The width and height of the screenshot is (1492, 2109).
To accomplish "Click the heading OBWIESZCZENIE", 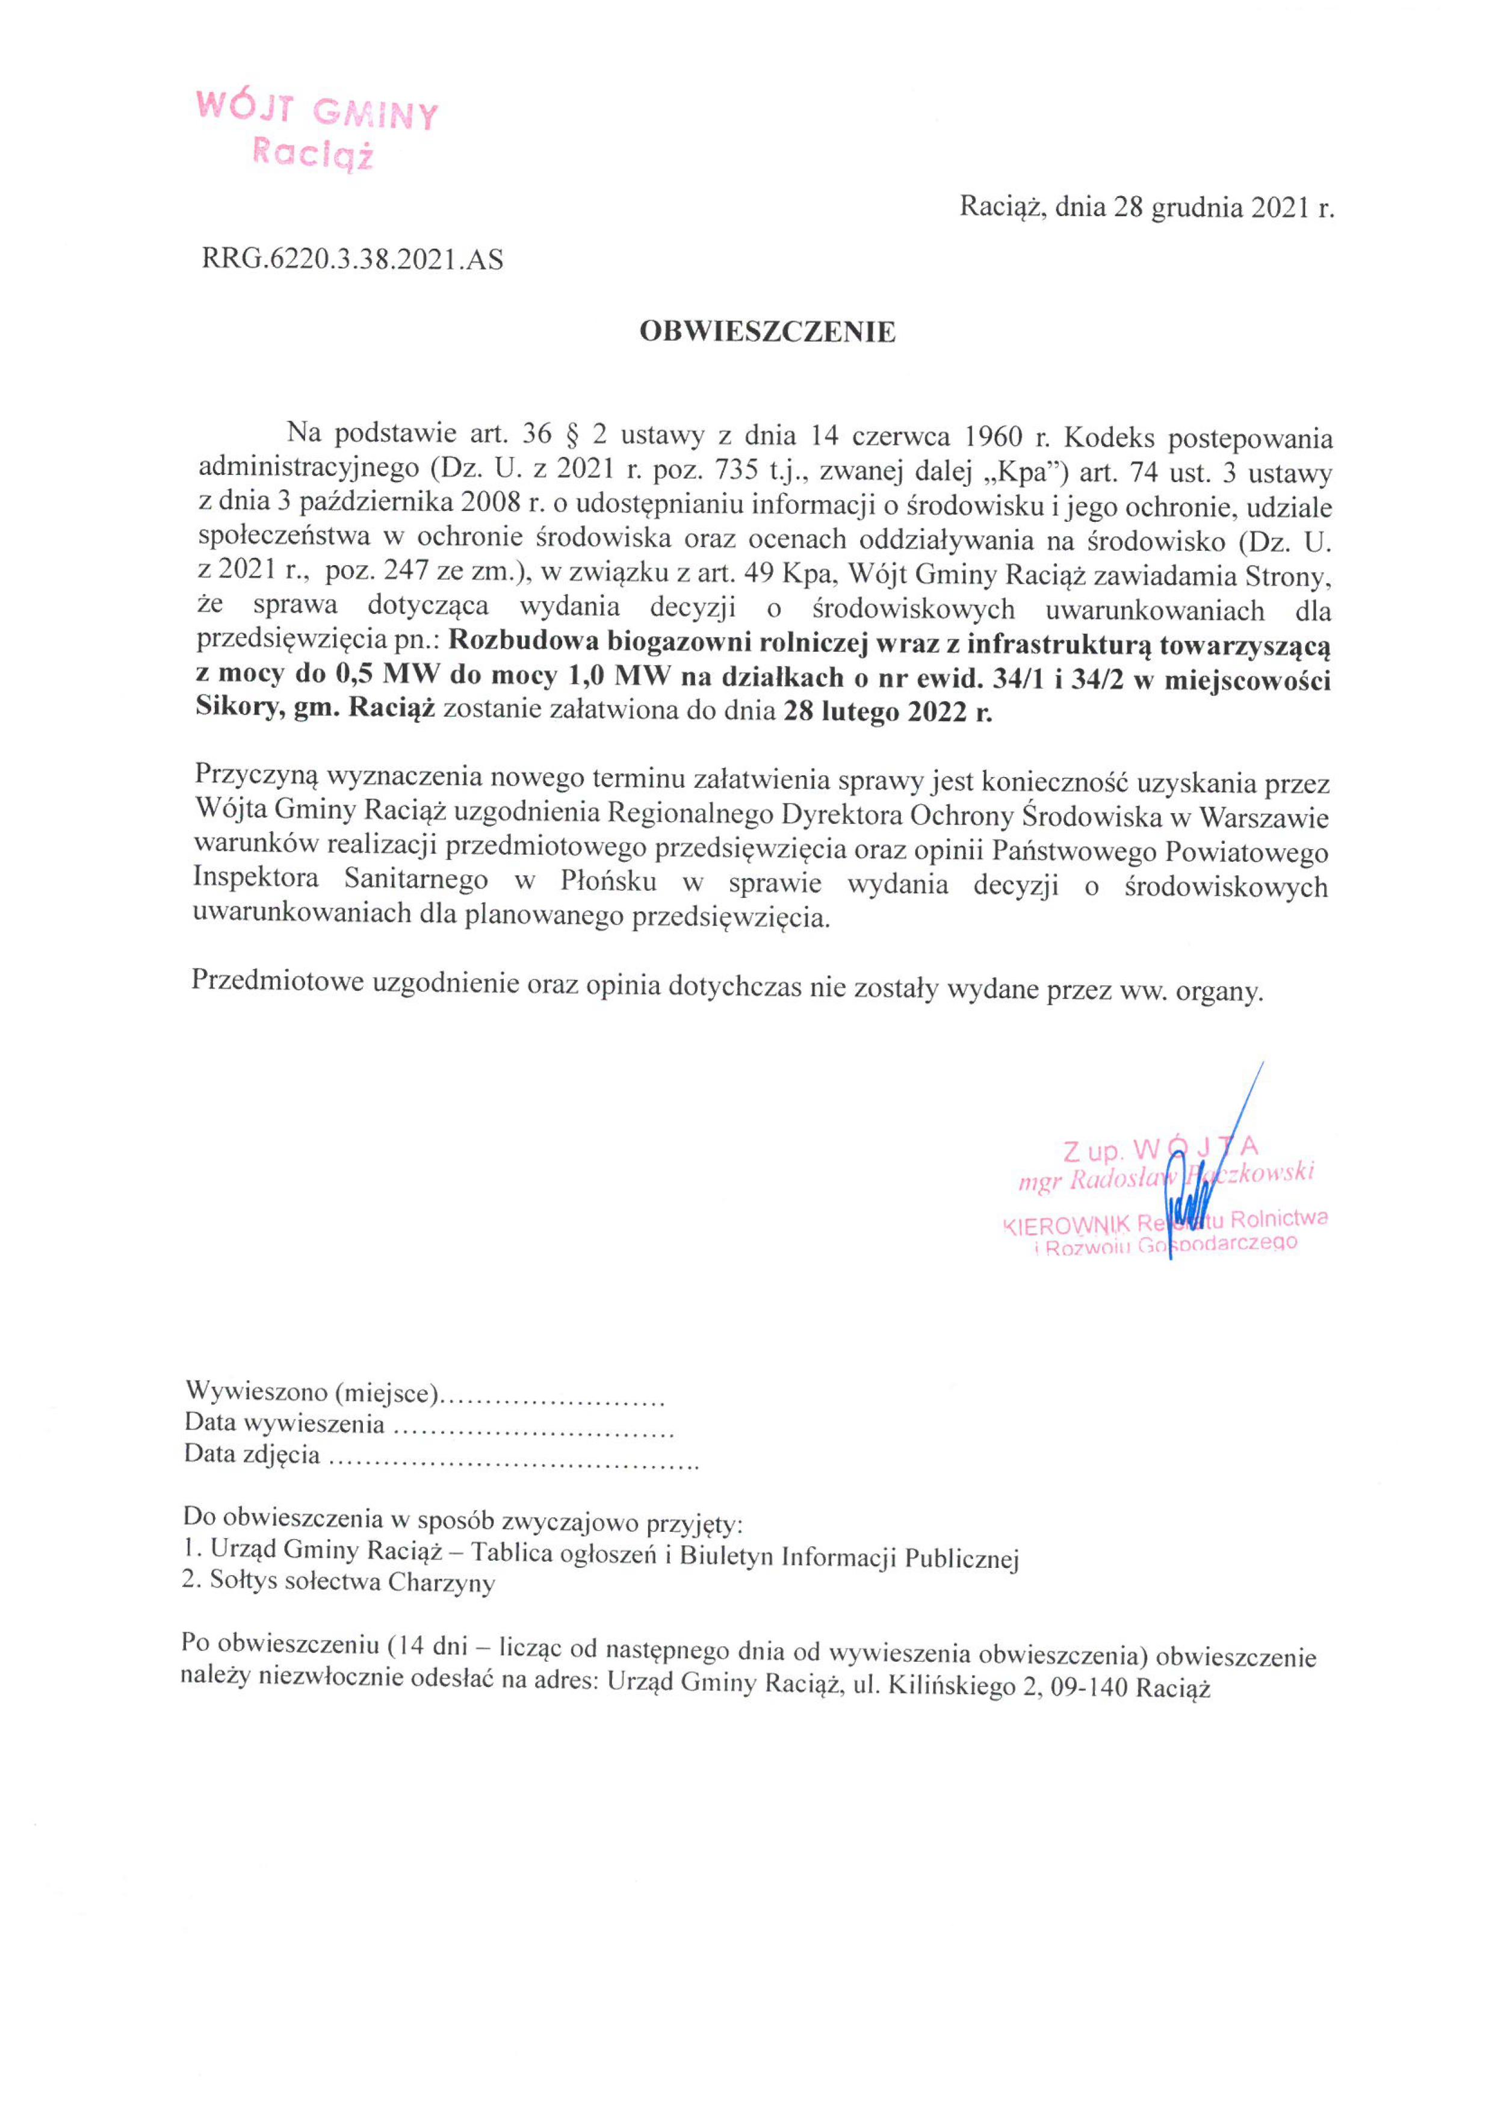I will coord(767,332).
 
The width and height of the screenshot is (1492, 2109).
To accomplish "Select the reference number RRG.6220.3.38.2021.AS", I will coord(352,261).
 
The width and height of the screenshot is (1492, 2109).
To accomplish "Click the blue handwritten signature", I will coord(1194,1194).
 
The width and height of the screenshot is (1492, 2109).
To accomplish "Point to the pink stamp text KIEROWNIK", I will coord(1066,1225).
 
